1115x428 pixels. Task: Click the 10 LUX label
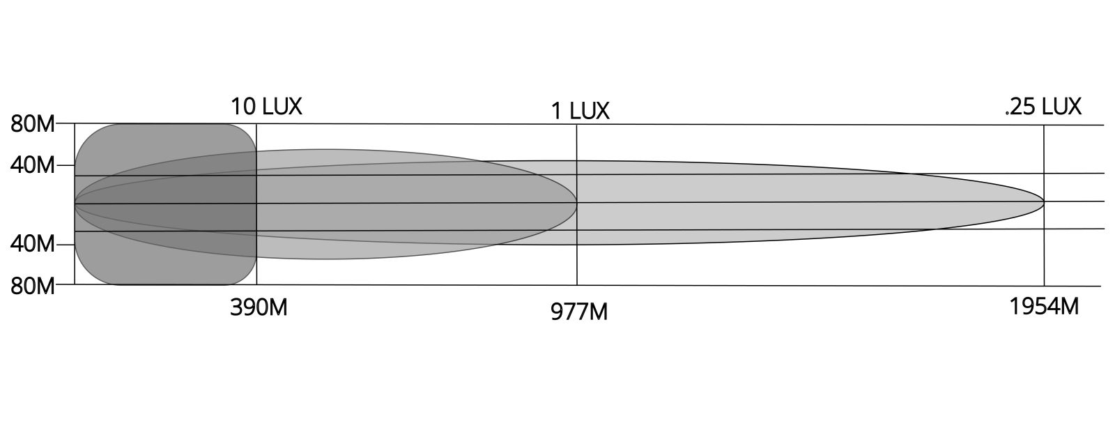266,107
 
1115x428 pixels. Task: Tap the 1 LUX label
580,111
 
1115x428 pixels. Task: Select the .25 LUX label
1043,107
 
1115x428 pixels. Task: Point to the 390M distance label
259,307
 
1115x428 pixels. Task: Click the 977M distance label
579,312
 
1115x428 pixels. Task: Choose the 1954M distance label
1044,307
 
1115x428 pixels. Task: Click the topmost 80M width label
32,124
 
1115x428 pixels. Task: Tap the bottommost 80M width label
32,286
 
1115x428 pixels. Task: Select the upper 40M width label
32,165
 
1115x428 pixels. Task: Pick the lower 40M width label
32,245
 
